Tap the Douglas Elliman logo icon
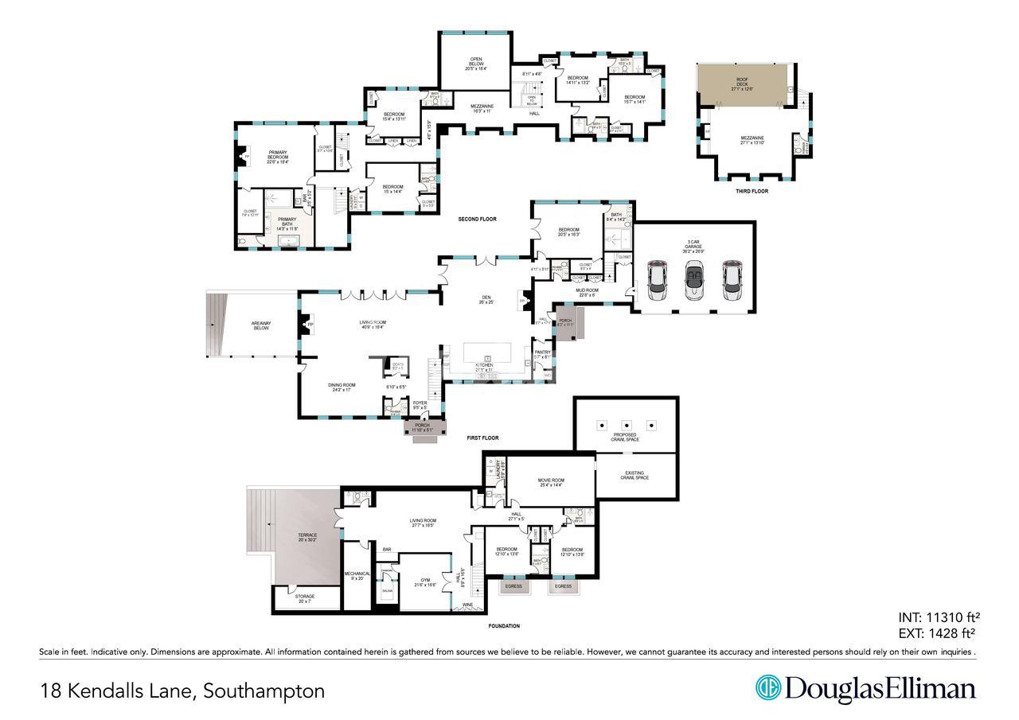767,688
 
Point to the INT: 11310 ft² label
937,617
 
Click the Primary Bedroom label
278,155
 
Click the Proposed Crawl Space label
625,437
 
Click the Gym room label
425,583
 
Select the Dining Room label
342,387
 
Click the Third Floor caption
752,191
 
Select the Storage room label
305,598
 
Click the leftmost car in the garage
658,280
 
